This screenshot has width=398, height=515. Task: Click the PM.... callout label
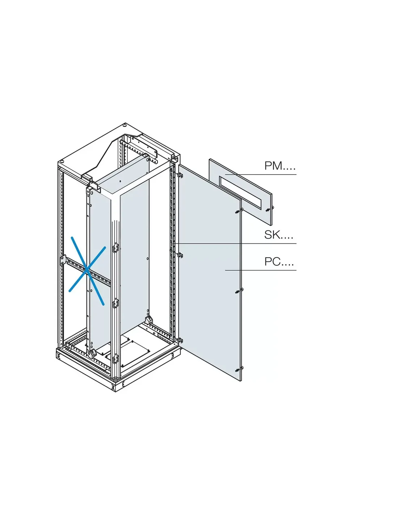[x=280, y=166]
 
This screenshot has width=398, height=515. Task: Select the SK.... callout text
[x=279, y=235]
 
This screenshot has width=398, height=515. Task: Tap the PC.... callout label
[x=279, y=261]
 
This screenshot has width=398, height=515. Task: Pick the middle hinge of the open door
[x=180, y=255]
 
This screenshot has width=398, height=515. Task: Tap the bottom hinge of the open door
[x=179, y=340]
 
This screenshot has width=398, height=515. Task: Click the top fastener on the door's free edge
[x=237, y=212]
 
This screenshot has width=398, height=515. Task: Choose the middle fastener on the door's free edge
[x=238, y=291]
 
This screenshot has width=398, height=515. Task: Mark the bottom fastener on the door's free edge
[x=238, y=370]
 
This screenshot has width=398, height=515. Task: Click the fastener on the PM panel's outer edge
[x=269, y=209]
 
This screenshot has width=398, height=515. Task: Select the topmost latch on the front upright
[x=116, y=248]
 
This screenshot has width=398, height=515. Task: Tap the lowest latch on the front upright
[x=116, y=359]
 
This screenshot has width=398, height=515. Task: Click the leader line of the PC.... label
[x=261, y=270]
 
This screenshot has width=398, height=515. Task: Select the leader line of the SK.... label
[x=235, y=243]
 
